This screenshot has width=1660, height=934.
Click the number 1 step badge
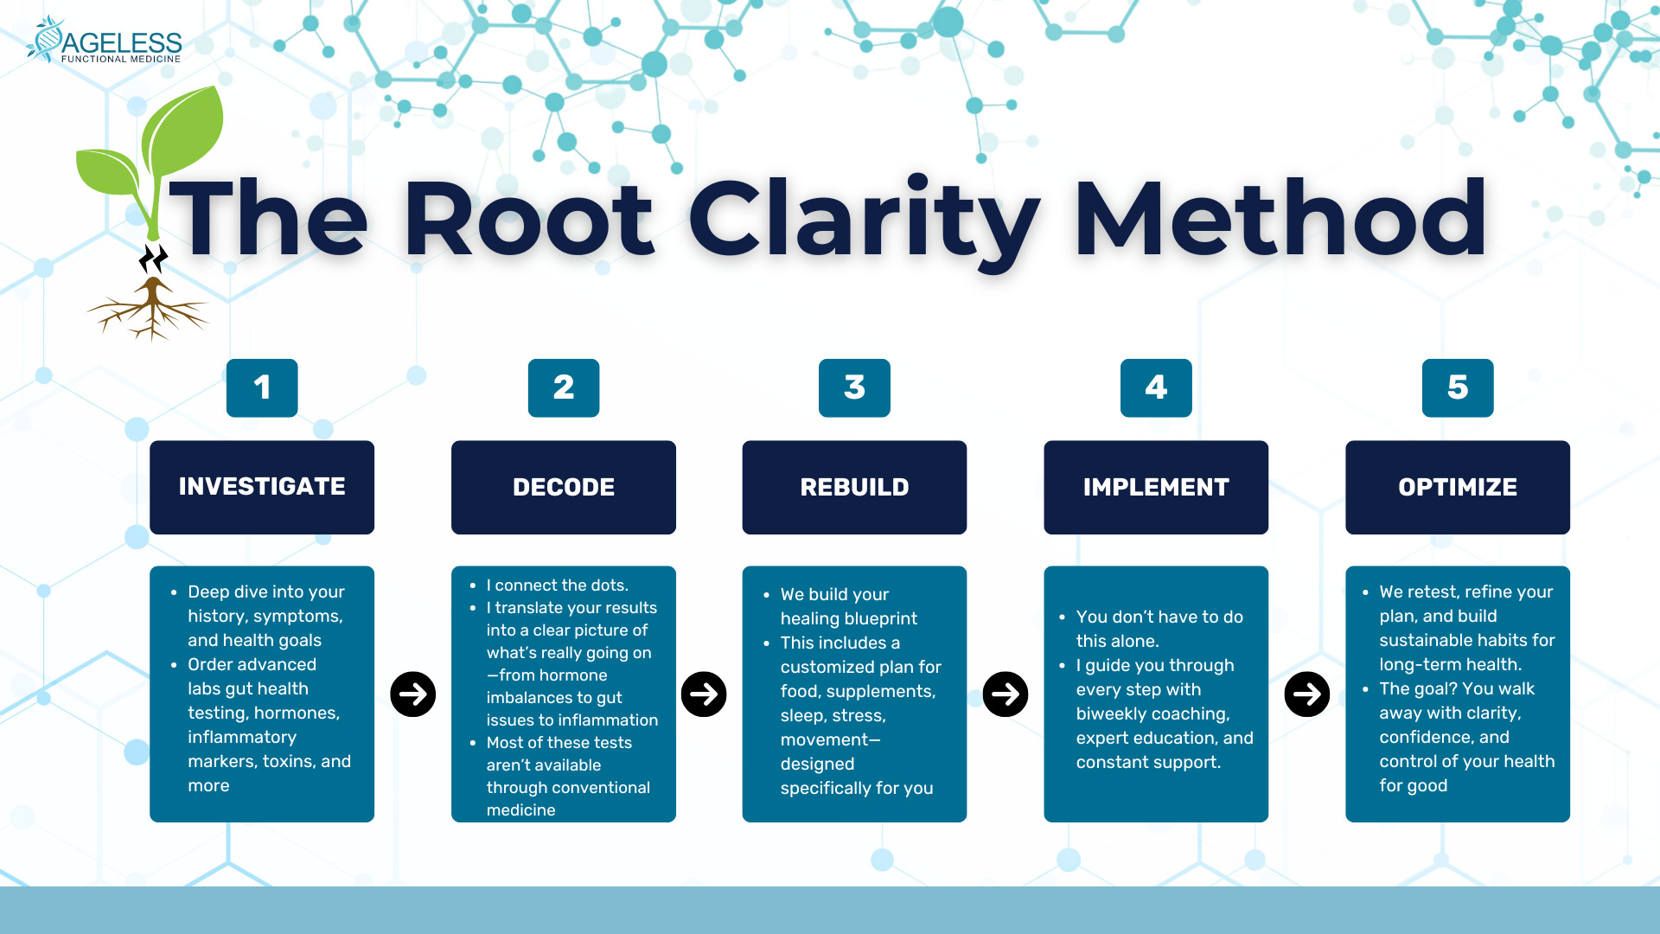coord(262,387)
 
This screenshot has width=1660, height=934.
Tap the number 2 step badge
coord(564,387)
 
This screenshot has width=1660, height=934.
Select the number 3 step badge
coord(854,387)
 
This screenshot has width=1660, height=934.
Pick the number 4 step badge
coord(1156,387)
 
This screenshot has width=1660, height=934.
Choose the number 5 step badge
coord(1458,387)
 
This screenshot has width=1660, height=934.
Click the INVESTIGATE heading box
coord(262,487)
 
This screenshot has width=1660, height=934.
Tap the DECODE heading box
coord(564,487)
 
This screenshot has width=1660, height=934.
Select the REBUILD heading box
coord(854,487)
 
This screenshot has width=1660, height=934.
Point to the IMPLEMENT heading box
coord(1156,487)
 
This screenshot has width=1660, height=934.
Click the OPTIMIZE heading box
coord(1458,487)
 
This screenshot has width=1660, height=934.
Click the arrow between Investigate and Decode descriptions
coord(413,694)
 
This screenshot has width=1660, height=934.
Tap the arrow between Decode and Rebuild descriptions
coord(704,694)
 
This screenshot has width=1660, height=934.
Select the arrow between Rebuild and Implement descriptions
coord(1006,694)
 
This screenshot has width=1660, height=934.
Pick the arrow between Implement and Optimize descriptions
coord(1307,694)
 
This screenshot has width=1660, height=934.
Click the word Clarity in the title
coord(864,221)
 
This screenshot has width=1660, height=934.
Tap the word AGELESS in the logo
coord(122,42)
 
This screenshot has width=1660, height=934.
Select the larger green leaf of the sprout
coord(183,130)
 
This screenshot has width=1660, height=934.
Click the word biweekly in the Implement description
coord(1109,714)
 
